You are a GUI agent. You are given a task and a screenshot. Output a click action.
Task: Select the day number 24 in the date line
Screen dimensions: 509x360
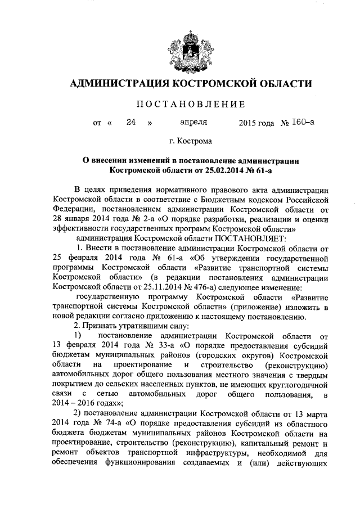(131, 123)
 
